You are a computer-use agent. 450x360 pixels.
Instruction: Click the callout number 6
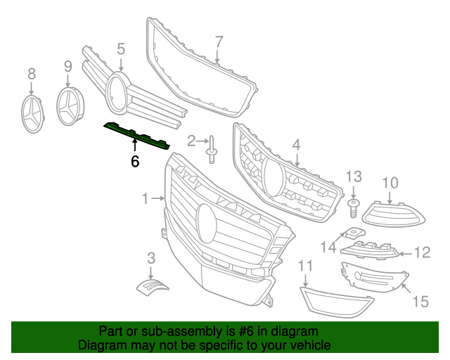tap(135, 162)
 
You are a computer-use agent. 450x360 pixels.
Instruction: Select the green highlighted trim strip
tap(136, 134)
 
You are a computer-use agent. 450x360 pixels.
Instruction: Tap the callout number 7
tap(219, 41)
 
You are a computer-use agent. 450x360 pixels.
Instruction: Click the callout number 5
tap(121, 49)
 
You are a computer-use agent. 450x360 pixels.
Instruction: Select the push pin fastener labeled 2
tap(210, 150)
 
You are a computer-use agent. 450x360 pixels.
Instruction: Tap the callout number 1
tap(146, 199)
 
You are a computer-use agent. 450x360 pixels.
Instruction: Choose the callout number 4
tap(297, 144)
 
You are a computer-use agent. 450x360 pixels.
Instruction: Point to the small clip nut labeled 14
tap(352, 235)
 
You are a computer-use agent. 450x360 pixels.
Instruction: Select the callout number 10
tap(390, 184)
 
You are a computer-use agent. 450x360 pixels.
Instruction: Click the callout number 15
tap(420, 302)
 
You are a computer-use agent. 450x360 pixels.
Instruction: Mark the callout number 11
tap(305, 266)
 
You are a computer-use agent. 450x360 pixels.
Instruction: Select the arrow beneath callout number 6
tap(135, 146)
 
